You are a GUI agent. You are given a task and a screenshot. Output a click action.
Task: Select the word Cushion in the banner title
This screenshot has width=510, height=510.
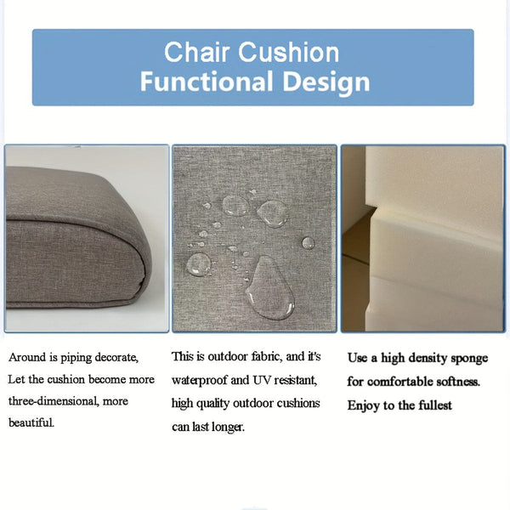[x=288, y=52]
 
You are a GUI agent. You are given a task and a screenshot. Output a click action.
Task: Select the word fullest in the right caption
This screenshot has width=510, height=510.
[x=433, y=405]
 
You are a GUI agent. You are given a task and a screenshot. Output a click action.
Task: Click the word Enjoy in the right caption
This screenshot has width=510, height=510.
[x=362, y=405]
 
